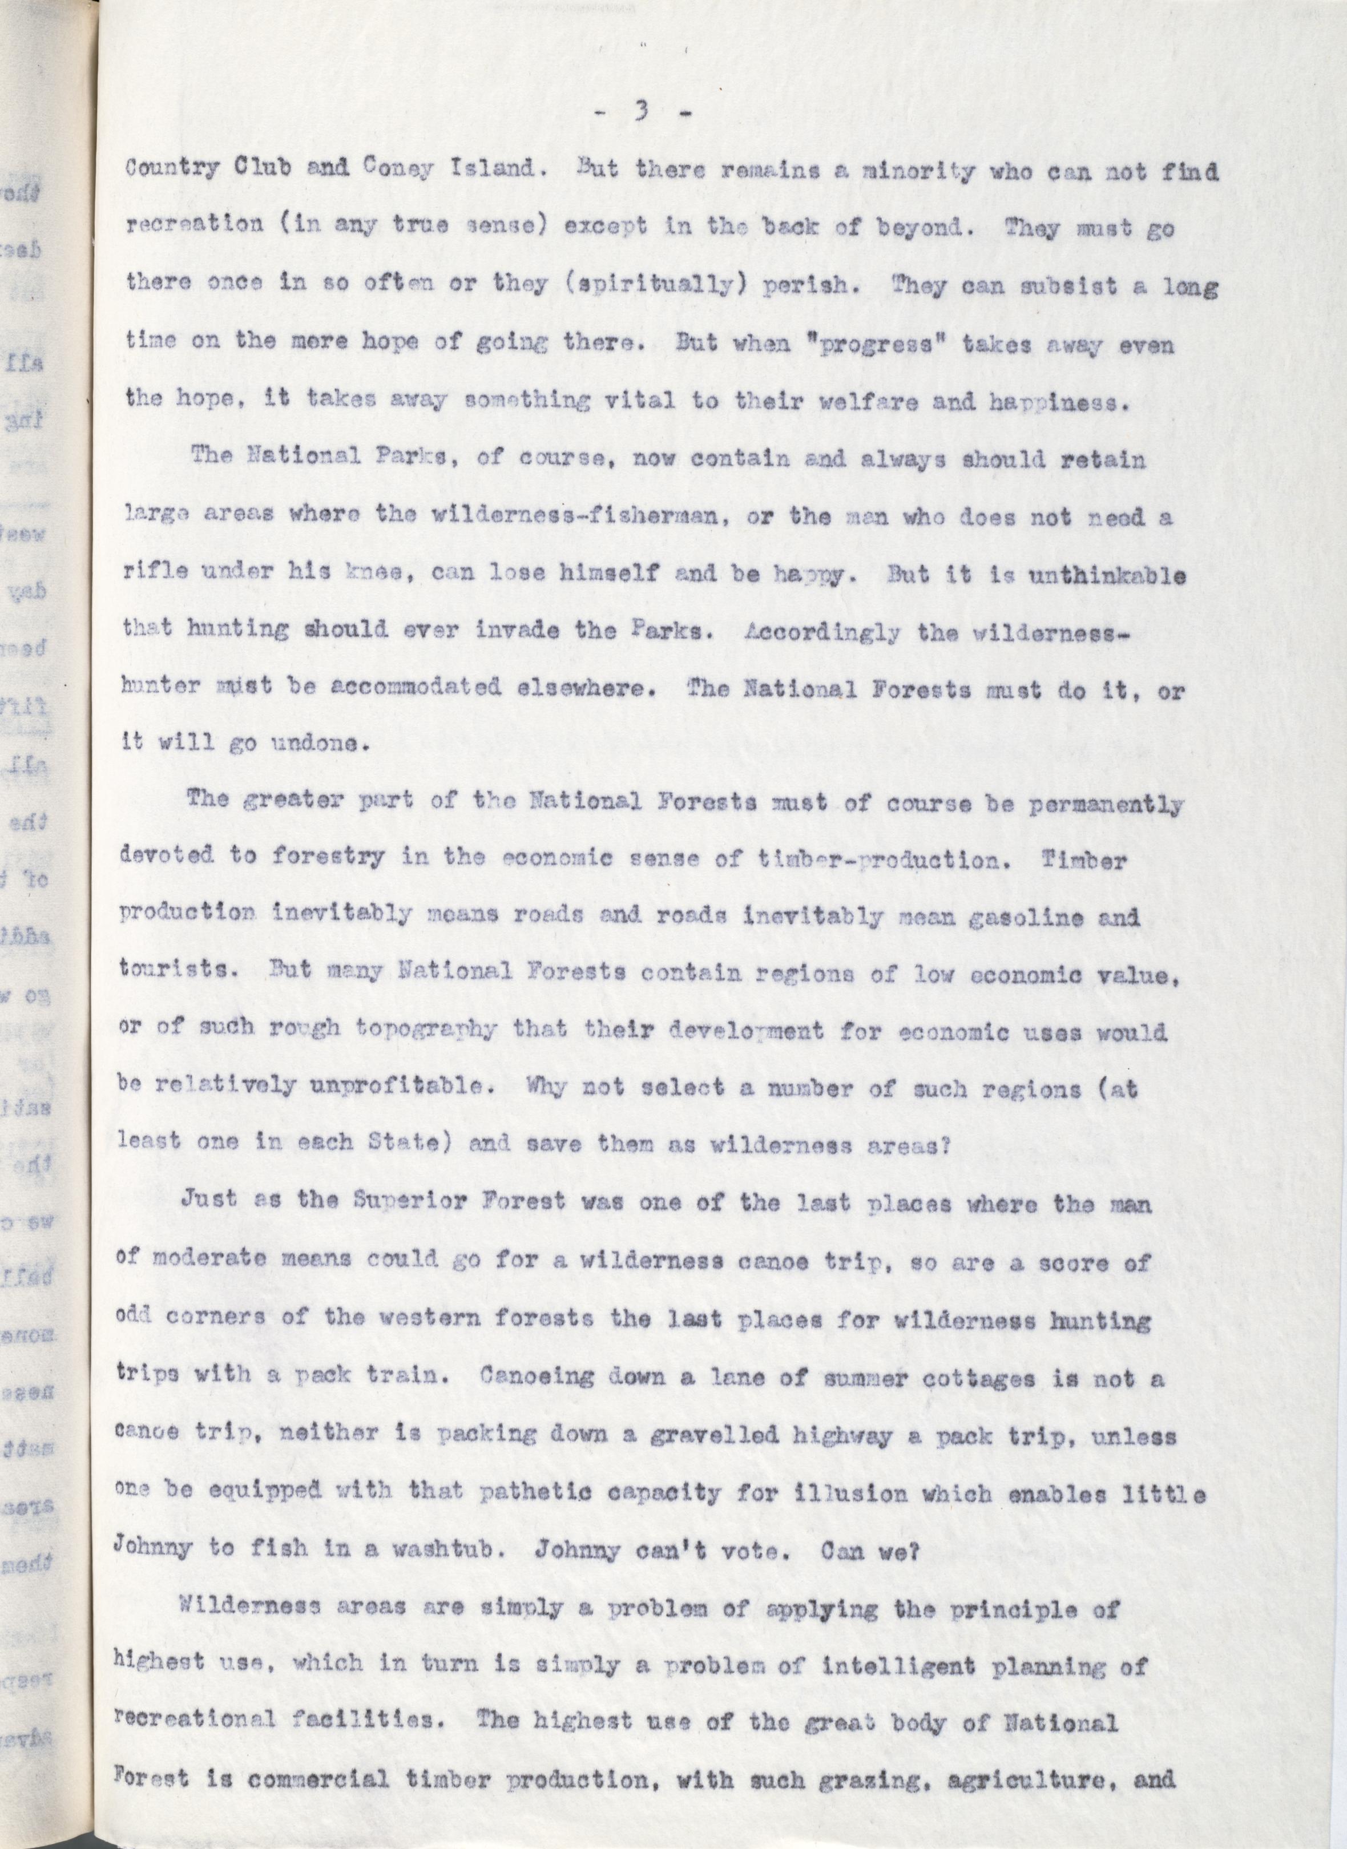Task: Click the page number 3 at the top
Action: [642, 115]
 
